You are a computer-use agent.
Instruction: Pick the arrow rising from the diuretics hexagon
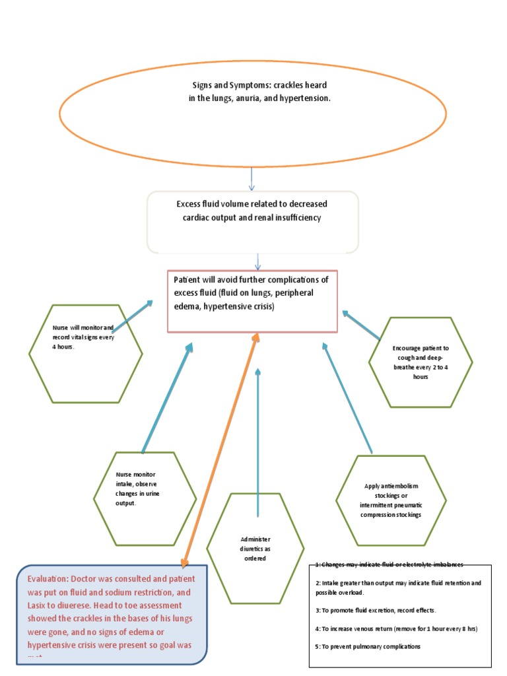pyautogui.click(x=257, y=442)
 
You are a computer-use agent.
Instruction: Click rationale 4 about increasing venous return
pyautogui.click(x=396, y=629)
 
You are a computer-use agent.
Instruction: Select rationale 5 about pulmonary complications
pyautogui.click(x=368, y=646)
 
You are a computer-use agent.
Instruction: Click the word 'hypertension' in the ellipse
pyautogui.click(x=305, y=97)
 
